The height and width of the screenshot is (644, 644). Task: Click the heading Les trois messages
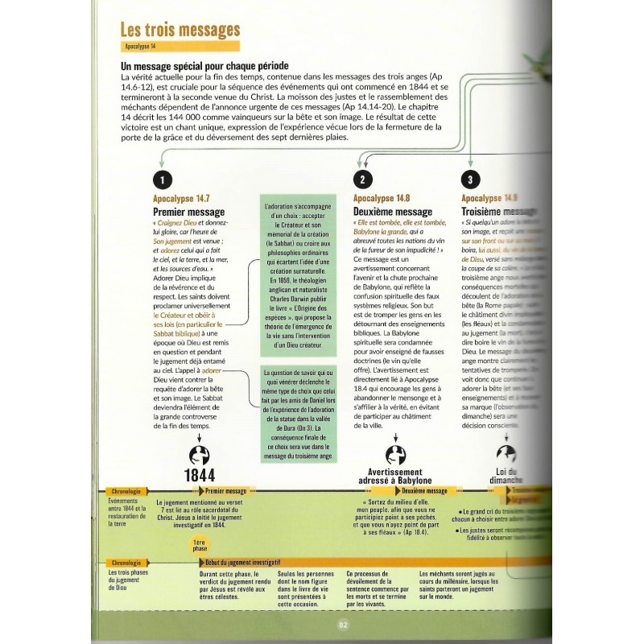click(x=180, y=30)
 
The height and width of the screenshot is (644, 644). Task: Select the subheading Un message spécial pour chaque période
click(x=204, y=65)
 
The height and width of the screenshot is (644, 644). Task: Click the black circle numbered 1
click(x=163, y=180)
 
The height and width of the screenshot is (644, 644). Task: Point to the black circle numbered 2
click(x=363, y=180)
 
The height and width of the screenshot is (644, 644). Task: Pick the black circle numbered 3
click(x=470, y=180)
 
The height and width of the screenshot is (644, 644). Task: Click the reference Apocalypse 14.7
click(x=181, y=198)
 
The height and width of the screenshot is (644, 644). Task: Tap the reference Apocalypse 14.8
click(x=382, y=198)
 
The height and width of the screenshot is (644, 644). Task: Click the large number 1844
click(x=200, y=473)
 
